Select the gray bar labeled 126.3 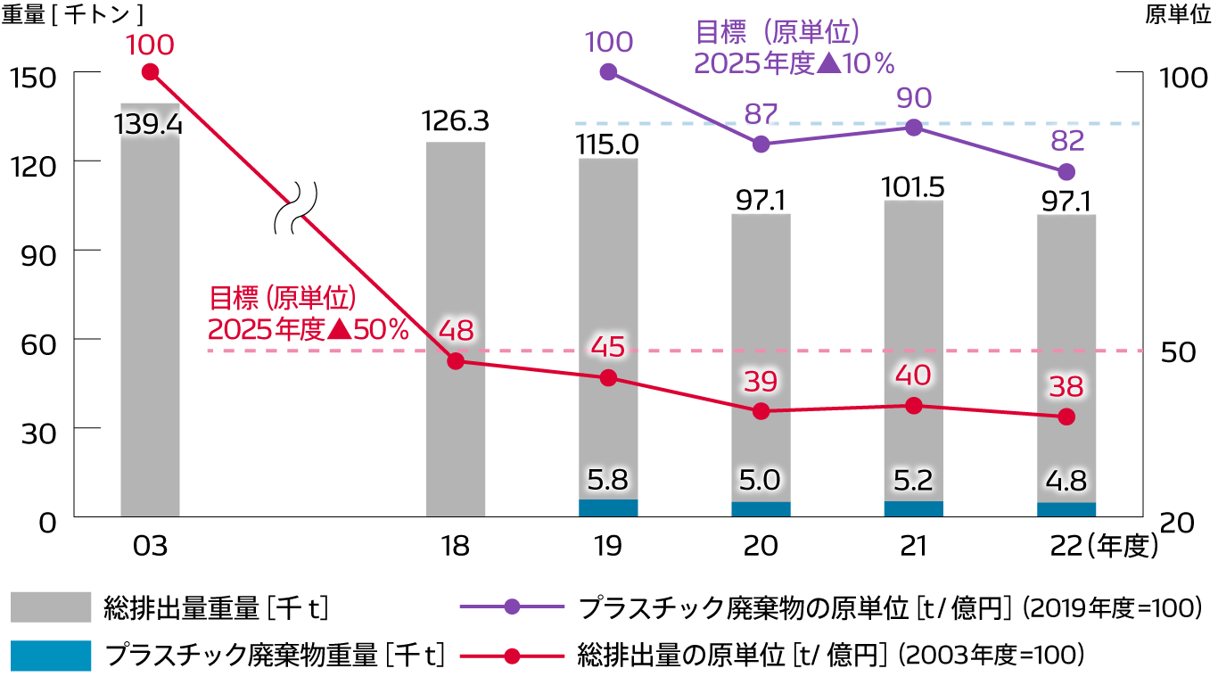pos(456,330)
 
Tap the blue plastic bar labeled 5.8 pos(608,508)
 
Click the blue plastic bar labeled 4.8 pos(1066,509)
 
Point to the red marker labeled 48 pos(456,361)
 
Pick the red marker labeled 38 pos(1066,417)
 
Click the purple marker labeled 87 pos(761,144)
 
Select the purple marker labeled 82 pos(1066,171)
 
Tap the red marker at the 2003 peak pos(150,72)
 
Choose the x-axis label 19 pos(608,546)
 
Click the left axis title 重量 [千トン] pos(72,17)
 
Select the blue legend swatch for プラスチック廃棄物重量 pos(51,656)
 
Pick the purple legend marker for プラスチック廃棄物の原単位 pos(512,607)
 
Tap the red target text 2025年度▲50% pos(308,328)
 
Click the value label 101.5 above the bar pos(913,187)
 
